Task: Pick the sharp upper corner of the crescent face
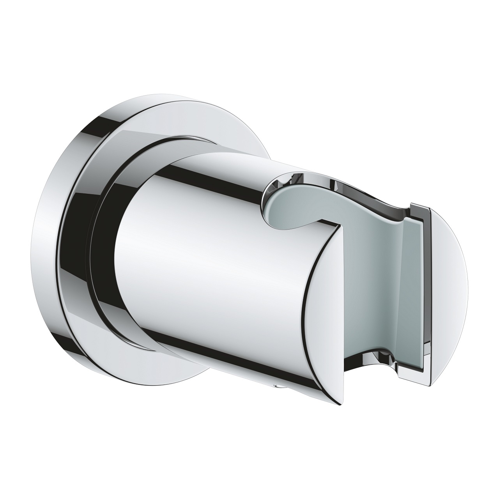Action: pos(338,226)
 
